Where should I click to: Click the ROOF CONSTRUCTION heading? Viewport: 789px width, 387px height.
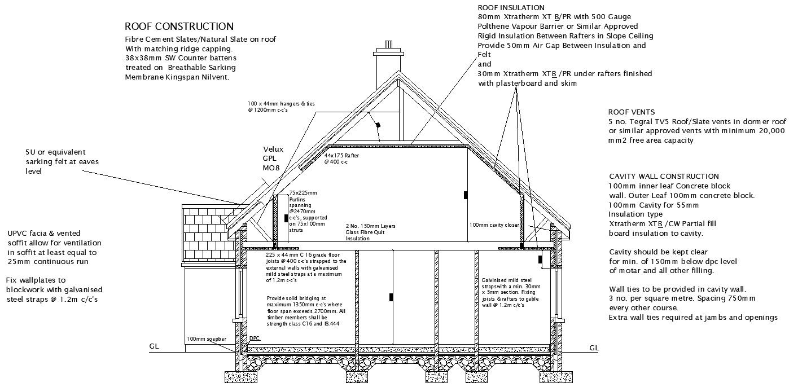pos(179,27)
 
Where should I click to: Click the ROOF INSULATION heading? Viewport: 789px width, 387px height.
pos(511,8)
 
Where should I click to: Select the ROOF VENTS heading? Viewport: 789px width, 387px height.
pos(631,112)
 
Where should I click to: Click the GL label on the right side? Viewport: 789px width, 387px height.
pos(594,348)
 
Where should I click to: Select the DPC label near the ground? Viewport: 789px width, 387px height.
pos(255,339)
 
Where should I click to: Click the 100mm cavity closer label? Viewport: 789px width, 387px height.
pos(494,225)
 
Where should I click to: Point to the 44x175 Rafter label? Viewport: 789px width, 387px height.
pos(341,155)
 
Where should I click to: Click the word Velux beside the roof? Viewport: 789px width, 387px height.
pos(273,149)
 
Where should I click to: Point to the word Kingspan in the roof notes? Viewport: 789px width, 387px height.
pos(179,77)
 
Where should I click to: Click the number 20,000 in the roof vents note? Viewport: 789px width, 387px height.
pos(768,130)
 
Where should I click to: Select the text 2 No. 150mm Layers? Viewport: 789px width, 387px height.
pos(370,226)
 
